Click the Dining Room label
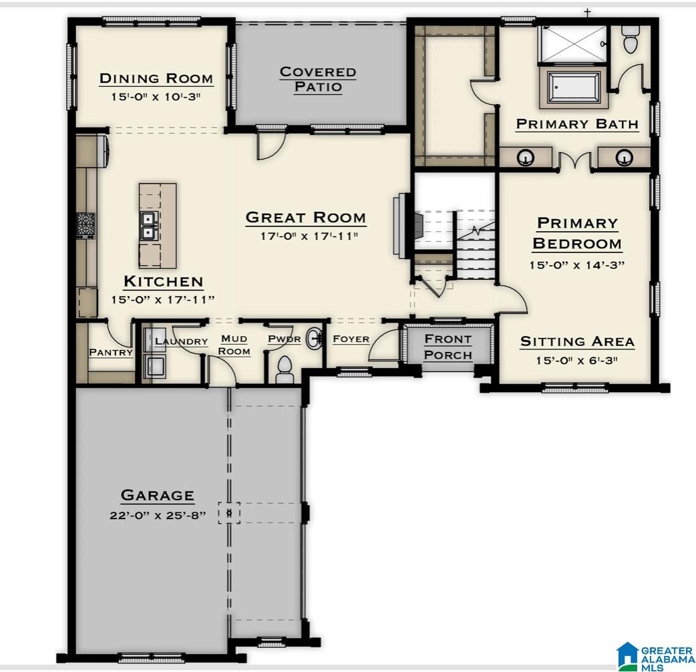[156, 78]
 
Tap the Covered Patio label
[317, 79]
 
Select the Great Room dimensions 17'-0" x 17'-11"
[306, 236]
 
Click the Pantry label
[111, 352]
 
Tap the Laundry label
[181, 341]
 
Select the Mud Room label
[234, 345]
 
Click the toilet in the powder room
[285, 369]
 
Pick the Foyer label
[351, 339]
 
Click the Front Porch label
[448, 347]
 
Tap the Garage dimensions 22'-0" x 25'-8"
[158, 516]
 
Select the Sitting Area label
[577, 341]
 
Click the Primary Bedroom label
[577, 233]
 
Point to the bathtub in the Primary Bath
[575, 88]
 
